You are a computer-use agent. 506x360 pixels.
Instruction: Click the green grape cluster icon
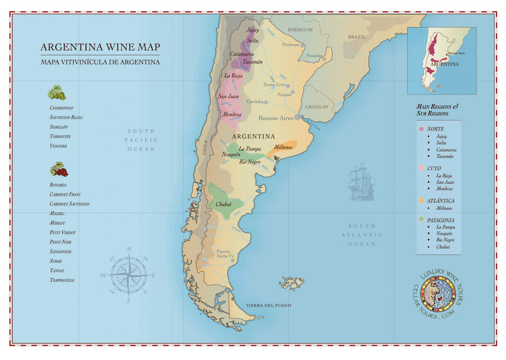[x=57, y=93]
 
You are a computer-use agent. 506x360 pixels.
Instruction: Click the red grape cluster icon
[x=59, y=169]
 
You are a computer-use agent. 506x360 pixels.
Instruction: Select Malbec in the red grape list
[x=57, y=213]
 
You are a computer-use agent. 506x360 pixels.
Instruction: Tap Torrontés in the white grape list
[x=60, y=136]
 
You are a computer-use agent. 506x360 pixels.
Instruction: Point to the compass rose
[x=128, y=275]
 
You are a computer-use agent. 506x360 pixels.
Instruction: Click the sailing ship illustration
[x=361, y=183]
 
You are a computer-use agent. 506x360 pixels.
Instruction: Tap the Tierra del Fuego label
[x=268, y=306]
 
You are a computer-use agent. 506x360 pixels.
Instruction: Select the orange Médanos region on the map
[x=283, y=147]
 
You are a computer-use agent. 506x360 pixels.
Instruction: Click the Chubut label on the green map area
[x=223, y=204]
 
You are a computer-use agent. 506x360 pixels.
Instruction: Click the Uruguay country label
[x=317, y=107]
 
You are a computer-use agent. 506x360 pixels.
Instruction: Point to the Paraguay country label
[x=300, y=30]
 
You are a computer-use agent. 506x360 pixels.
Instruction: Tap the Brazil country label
[x=356, y=37]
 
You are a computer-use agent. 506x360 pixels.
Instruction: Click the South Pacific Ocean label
[x=141, y=140]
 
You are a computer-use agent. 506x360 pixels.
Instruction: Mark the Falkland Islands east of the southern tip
[x=292, y=283]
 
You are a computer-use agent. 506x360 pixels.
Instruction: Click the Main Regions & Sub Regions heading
[x=437, y=110]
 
